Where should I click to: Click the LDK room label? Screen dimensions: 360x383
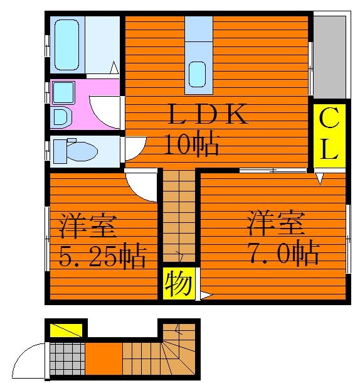208,114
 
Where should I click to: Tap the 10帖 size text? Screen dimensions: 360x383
191,143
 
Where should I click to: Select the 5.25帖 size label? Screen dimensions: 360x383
102,256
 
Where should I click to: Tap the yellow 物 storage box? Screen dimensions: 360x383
179,283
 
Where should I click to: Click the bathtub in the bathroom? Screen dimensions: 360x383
67,45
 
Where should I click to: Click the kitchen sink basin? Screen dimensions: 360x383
197,74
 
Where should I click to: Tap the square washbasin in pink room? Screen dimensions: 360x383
63,93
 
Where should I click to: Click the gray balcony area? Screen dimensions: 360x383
329,57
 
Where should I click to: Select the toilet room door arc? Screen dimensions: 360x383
140,152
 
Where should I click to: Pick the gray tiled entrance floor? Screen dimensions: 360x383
67,359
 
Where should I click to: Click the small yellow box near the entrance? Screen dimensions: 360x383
66,330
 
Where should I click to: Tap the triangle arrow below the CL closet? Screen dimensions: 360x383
320,178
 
